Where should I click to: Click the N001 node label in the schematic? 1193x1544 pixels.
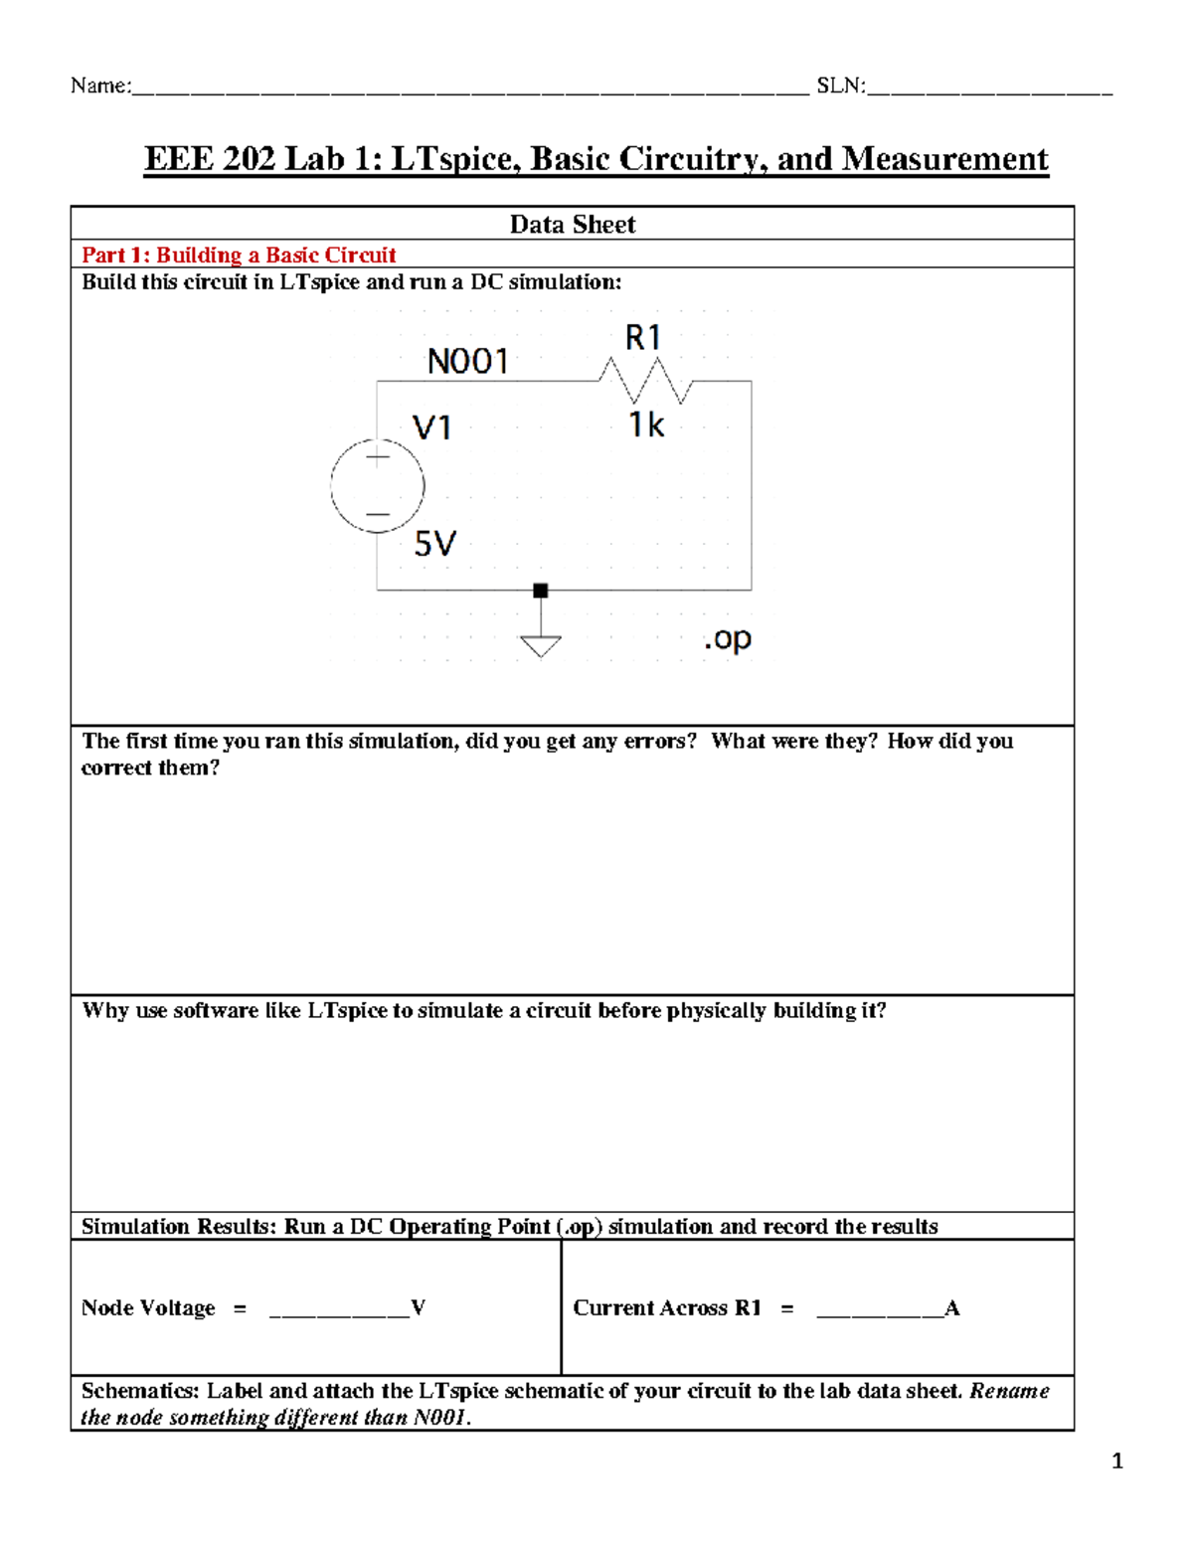pyautogui.click(x=467, y=361)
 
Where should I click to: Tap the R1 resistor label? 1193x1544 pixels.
pyautogui.click(x=643, y=338)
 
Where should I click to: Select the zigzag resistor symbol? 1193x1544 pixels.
pyautogui.click(x=645, y=381)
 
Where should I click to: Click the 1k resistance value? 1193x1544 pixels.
pyautogui.click(x=646, y=426)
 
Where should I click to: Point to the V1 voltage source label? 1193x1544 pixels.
pyautogui.click(x=432, y=429)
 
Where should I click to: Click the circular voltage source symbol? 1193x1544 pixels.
pyautogui.click(x=378, y=486)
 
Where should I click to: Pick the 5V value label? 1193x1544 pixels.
pyautogui.click(x=434, y=544)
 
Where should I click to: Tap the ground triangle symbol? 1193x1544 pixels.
pyautogui.click(x=541, y=645)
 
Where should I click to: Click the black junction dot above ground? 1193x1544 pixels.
pyautogui.click(x=541, y=591)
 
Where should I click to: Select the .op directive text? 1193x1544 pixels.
pyautogui.click(x=728, y=638)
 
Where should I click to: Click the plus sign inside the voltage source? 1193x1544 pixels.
pyautogui.click(x=378, y=458)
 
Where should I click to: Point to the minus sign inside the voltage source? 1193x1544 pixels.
pyautogui.click(x=378, y=514)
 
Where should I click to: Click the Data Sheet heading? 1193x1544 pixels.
pyautogui.click(x=572, y=225)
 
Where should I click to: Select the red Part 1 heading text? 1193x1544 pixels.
pyautogui.click(x=239, y=255)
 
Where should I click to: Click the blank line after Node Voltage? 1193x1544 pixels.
pyautogui.click(x=339, y=1310)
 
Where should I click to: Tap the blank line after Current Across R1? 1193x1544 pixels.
pyautogui.click(x=879, y=1310)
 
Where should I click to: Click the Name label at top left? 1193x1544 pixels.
pyautogui.click(x=99, y=86)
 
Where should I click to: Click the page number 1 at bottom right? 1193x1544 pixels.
pyautogui.click(x=1117, y=1460)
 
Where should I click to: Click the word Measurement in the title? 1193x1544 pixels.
pyautogui.click(x=944, y=159)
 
